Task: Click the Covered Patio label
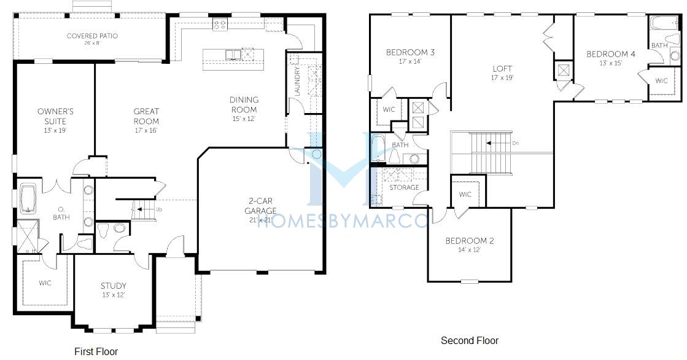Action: tap(92, 36)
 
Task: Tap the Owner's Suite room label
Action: tap(55, 116)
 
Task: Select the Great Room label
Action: tap(146, 116)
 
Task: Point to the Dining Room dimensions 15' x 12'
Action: tap(244, 119)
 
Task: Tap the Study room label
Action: tap(114, 286)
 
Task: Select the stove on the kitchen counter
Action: tap(220, 25)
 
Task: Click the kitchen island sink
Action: tap(233, 55)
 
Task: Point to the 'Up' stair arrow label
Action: tap(158, 209)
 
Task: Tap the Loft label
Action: tap(502, 69)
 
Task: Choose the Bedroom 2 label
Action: tap(470, 241)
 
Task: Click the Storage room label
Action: tap(404, 187)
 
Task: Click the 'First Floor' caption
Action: tap(96, 351)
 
